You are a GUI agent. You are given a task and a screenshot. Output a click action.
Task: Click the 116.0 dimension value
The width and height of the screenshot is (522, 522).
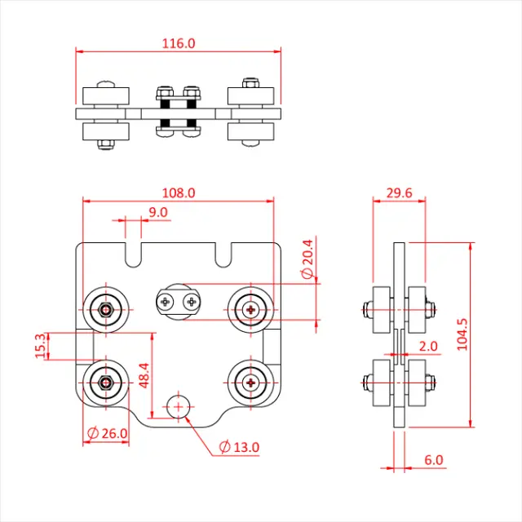179,43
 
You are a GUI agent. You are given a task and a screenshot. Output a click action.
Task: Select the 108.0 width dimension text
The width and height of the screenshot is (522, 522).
179,193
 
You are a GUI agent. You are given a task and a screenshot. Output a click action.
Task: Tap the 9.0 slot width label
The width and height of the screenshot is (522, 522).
158,212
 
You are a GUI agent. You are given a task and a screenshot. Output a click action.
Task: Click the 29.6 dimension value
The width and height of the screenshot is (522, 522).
399,193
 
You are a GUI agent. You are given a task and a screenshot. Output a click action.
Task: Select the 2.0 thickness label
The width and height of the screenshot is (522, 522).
428,346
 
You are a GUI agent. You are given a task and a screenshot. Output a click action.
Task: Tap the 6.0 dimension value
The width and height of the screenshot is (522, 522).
434,460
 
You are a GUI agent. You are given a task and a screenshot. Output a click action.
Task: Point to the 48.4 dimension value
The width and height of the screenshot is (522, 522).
144,376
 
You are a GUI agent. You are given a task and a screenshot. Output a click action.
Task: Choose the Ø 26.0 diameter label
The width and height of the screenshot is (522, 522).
107,433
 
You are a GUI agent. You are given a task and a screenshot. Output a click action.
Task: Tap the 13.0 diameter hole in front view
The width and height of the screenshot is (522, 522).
178,405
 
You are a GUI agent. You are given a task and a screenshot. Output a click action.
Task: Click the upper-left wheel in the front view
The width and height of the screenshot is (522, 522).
105,309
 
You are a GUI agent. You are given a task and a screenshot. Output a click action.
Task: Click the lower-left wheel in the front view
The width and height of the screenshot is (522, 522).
105,381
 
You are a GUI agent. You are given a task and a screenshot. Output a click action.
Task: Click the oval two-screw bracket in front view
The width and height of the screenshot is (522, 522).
179,302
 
